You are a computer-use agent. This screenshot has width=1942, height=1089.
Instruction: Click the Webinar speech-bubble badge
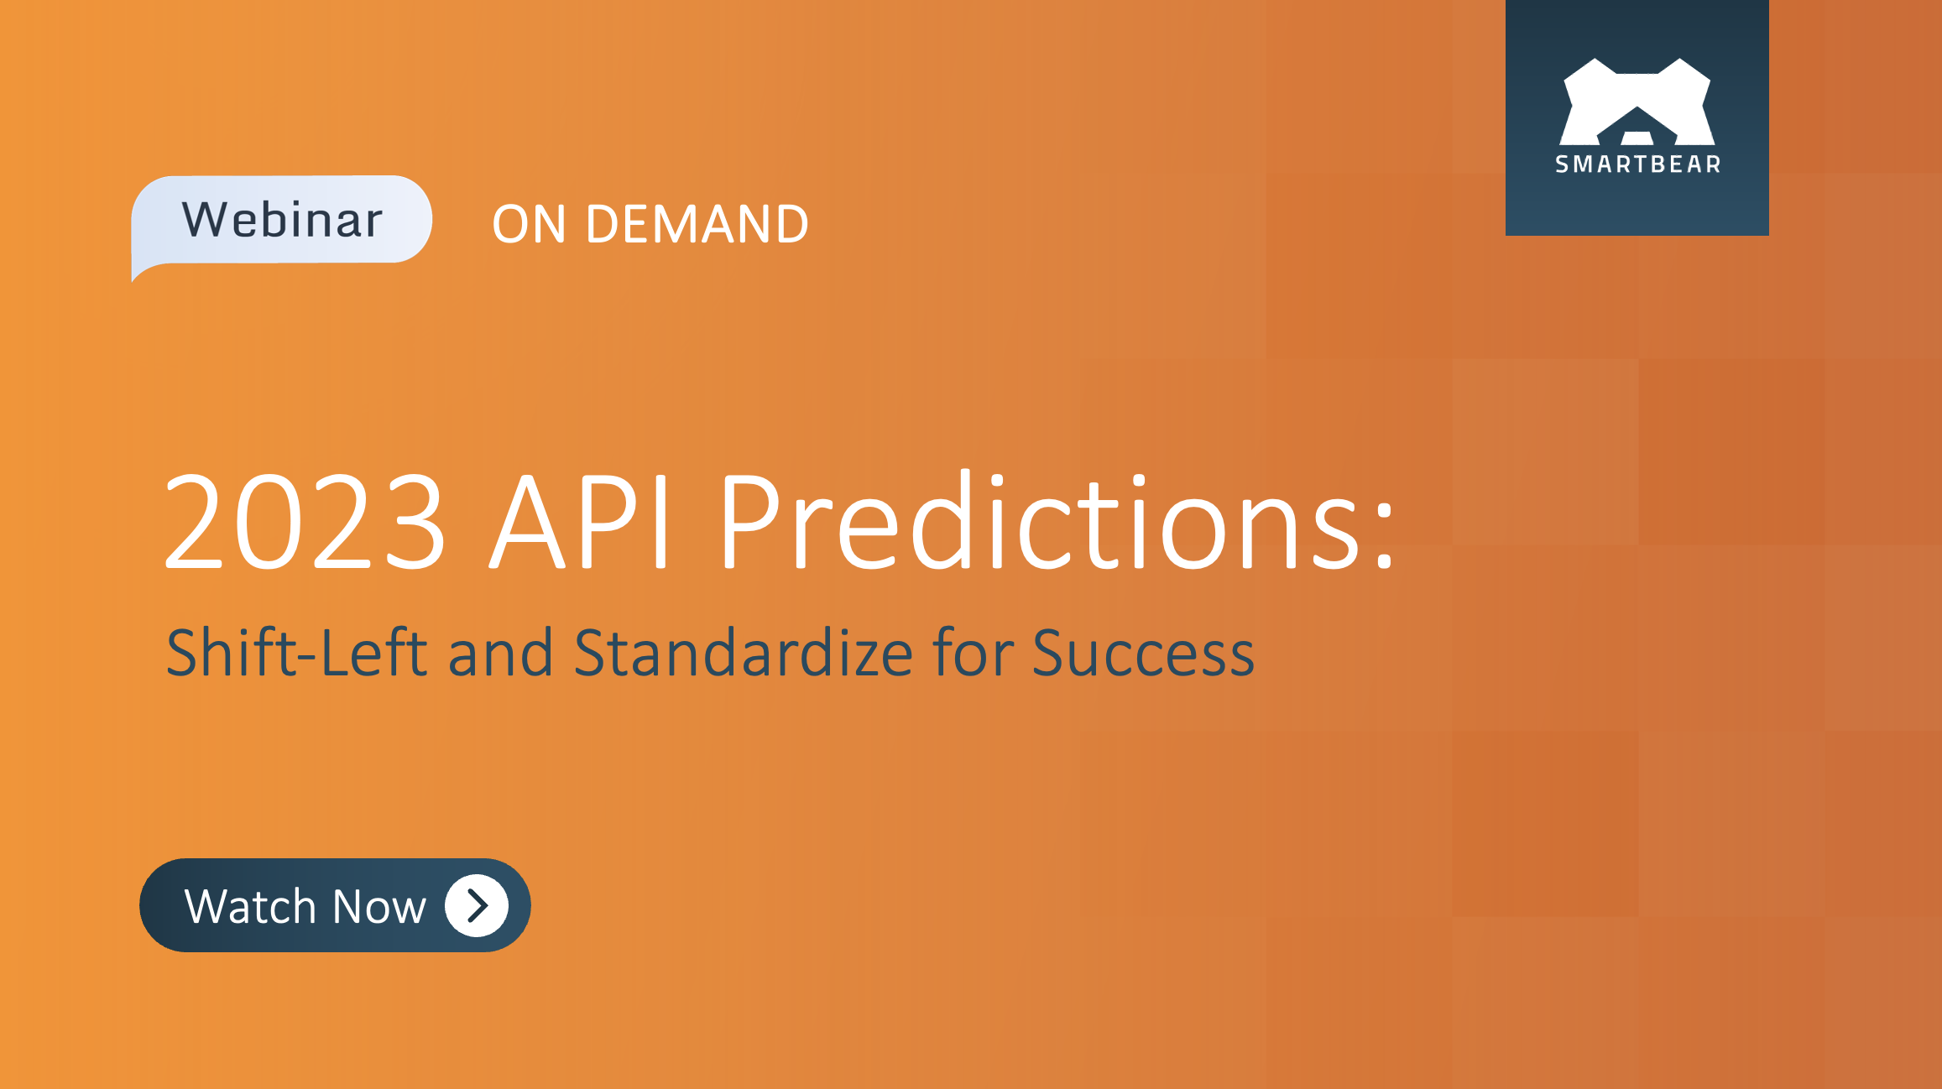coord(282,220)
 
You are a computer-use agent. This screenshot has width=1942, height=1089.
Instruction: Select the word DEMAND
coord(697,225)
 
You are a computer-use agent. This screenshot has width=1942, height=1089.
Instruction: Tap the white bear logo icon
coord(1637,102)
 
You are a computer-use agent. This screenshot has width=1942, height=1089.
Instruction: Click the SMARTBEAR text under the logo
coord(1637,164)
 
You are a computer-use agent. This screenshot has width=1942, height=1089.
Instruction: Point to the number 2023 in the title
coord(305,522)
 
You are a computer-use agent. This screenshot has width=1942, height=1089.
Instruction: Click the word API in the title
coord(581,522)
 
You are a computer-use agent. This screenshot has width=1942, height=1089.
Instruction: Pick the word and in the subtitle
coord(500,653)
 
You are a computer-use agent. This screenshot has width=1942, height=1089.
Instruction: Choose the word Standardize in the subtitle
coord(744,653)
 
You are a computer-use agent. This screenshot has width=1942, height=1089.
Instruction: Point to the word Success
coord(1143,653)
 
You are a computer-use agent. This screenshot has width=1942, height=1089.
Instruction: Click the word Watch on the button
coord(249,906)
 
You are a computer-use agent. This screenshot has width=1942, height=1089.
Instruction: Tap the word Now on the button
coord(379,906)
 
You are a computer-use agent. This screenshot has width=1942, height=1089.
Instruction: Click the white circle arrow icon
coord(477,905)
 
